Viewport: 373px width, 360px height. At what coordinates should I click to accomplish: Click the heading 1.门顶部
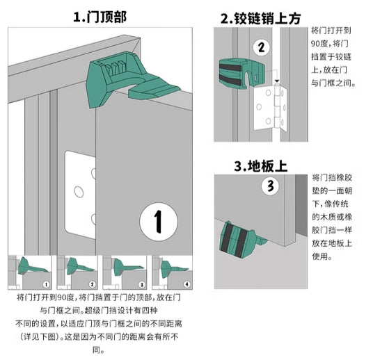(x=100, y=17)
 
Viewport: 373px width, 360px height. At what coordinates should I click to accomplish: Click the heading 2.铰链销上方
(x=260, y=18)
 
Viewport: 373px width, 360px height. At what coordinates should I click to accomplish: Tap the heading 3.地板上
(x=261, y=165)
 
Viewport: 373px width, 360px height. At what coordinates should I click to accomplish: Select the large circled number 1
(x=159, y=222)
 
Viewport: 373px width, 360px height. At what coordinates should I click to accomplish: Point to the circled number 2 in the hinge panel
(x=262, y=47)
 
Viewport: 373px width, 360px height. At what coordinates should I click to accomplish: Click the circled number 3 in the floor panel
(x=270, y=186)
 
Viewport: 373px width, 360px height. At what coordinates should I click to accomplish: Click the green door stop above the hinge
(x=241, y=74)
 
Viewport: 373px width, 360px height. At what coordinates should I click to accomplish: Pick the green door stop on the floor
(x=243, y=240)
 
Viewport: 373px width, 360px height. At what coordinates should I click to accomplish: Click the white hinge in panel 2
(x=271, y=108)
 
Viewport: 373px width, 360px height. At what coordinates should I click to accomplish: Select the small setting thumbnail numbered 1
(x=30, y=272)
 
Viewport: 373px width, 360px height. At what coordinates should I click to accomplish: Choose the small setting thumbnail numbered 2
(x=77, y=272)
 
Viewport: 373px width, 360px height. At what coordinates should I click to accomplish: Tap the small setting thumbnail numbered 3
(x=125, y=272)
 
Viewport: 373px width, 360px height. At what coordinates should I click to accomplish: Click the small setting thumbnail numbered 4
(x=172, y=272)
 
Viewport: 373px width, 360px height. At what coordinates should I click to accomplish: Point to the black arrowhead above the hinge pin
(x=277, y=81)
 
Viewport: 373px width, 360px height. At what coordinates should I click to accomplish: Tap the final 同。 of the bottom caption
(x=99, y=350)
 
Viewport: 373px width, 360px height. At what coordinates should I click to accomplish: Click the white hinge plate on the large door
(x=80, y=194)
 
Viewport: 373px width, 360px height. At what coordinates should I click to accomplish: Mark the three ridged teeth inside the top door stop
(x=115, y=67)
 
